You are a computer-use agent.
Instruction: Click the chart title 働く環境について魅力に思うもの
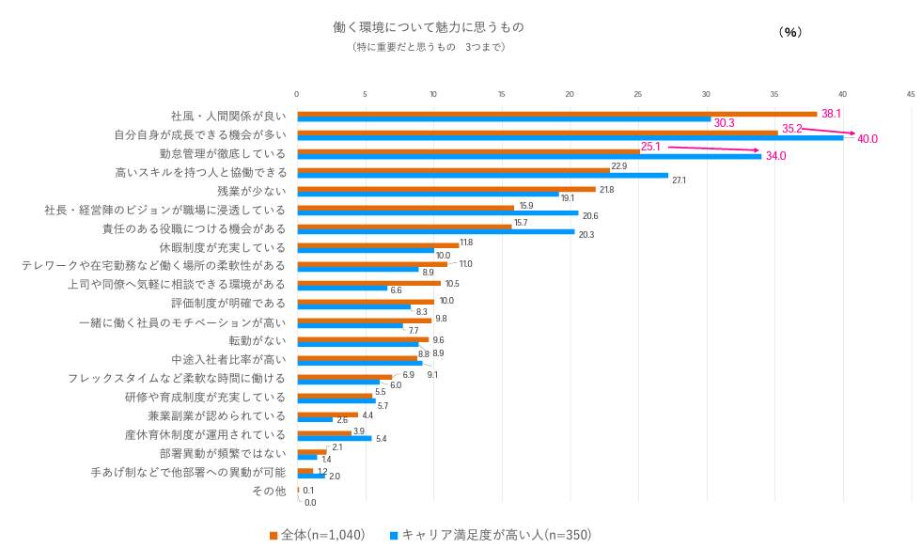pyautogui.click(x=428, y=26)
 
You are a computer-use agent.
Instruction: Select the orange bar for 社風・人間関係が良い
pyautogui.click(x=556, y=113)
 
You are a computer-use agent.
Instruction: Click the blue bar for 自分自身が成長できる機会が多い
pyautogui.click(x=570, y=137)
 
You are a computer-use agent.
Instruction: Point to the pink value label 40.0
pyautogui.click(x=867, y=139)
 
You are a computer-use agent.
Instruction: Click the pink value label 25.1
pyautogui.click(x=650, y=147)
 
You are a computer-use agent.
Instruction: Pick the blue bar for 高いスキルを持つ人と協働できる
pyautogui.click(x=482, y=175)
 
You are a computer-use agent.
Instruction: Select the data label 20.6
pyautogui.click(x=590, y=216)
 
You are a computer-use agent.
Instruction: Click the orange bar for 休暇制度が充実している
pyautogui.click(x=378, y=244)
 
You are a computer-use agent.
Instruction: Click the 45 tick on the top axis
pyautogui.click(x=911, y=94)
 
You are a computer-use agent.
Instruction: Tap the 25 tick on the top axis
pyautogui.click(x=638, y=94)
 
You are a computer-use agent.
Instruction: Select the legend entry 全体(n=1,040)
pyautogui.click(x=317, y=535)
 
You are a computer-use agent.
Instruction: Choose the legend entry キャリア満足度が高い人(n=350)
pyautogui.click(x=490, y=535)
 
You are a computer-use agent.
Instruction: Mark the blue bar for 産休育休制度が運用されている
pyautogui.click(x=334, y=438)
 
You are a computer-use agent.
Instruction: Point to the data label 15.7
pyautogui.click(x=521, y=222)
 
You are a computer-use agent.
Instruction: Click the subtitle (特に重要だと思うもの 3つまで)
pyautogui.click(x=428, y=47)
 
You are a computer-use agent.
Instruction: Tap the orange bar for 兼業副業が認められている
pyautogui.click(x=327, y=414)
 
